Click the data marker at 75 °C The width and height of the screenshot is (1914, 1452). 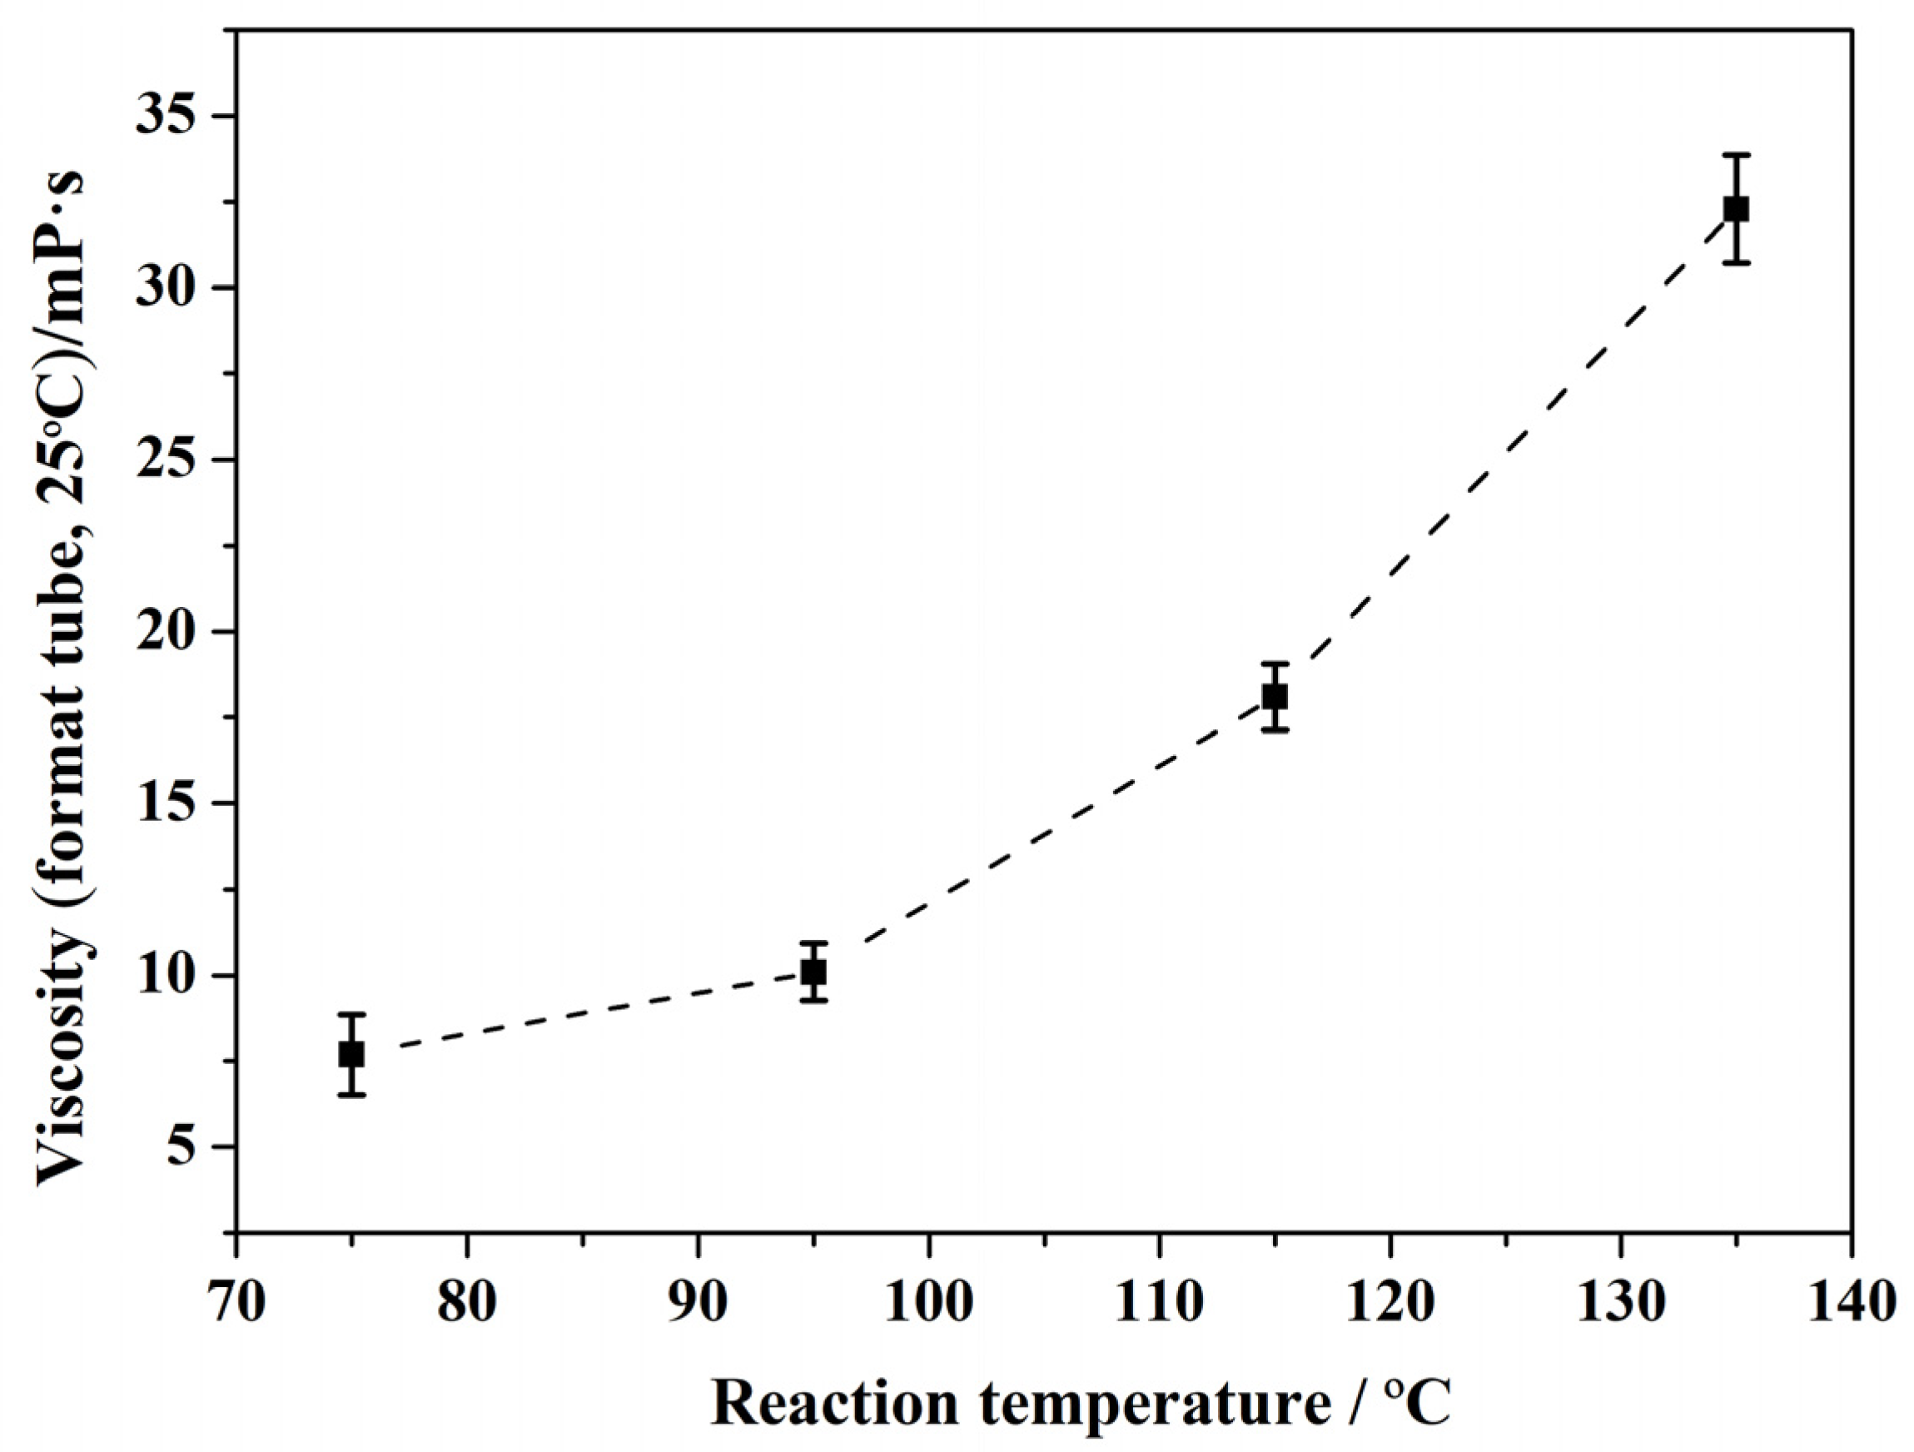[x=351, y=1054]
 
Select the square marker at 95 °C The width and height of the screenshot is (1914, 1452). [x=813, y=972]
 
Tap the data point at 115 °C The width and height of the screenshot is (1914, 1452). [x=1275, y=697]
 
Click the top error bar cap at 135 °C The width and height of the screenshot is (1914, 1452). [x=1736, y=156]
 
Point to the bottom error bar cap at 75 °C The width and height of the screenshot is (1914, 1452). [x=351, y=1096]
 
